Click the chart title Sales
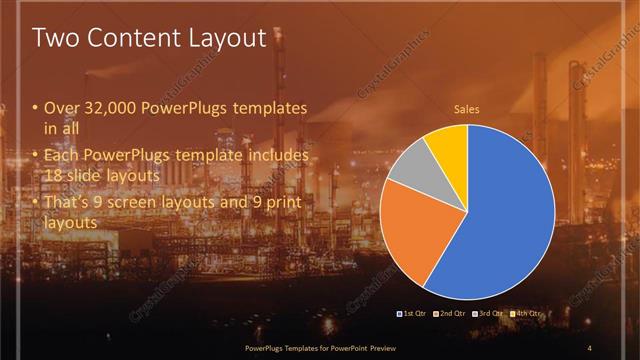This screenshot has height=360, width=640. click(466, 109)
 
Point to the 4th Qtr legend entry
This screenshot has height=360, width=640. click(527, 314)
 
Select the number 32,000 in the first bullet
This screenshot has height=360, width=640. click(103, 108)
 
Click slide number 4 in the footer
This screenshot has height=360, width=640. click(589, 347)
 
